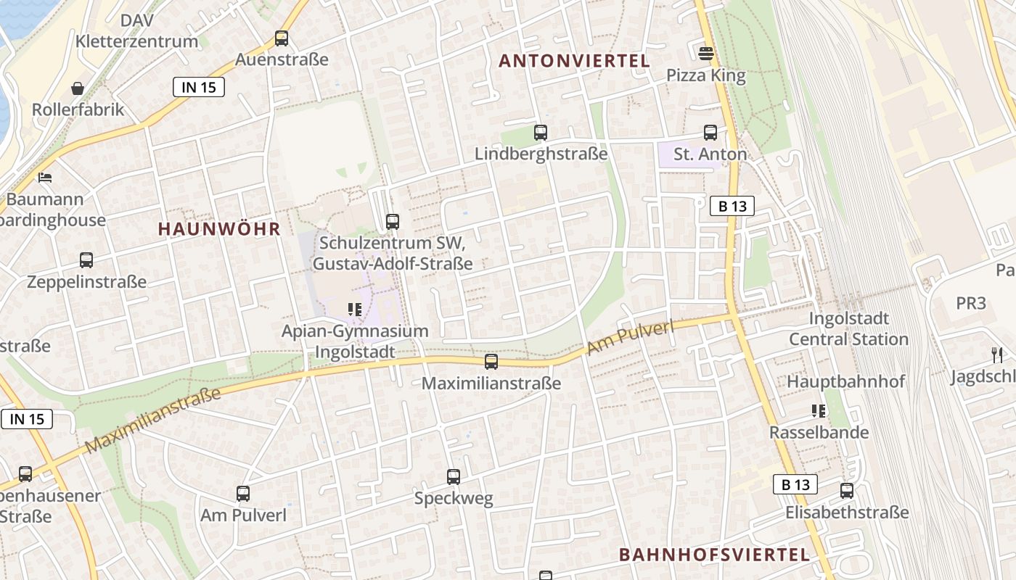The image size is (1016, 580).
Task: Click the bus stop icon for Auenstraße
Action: (282, 38)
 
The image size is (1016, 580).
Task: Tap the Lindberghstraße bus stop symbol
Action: (541, 133)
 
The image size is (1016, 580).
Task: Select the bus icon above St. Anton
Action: (710, 133)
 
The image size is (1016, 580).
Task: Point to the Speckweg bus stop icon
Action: (454, 477)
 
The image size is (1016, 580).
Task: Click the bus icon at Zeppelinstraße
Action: (86, 260)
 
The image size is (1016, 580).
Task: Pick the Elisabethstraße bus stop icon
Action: (847, 491)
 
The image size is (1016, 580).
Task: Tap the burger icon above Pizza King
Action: (705, 53)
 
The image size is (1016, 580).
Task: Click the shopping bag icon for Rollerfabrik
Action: (78, 88)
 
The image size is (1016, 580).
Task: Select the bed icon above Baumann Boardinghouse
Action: (45, 178)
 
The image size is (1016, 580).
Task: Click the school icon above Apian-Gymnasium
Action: (355, 310)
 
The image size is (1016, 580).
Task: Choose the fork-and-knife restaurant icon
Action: (997, 355)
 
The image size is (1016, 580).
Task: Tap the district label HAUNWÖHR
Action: (219, 229)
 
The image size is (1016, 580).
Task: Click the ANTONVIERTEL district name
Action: (574, 61)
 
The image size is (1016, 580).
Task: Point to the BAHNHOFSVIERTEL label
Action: (714, 555)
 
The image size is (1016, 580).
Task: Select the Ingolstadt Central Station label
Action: (848, 328)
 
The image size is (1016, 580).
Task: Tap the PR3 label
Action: (971, 303)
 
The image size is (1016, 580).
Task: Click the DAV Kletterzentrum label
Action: (136, 30)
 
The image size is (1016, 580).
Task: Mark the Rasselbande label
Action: (819, 433)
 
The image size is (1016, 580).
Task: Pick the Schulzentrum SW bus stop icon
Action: (393, 222)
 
